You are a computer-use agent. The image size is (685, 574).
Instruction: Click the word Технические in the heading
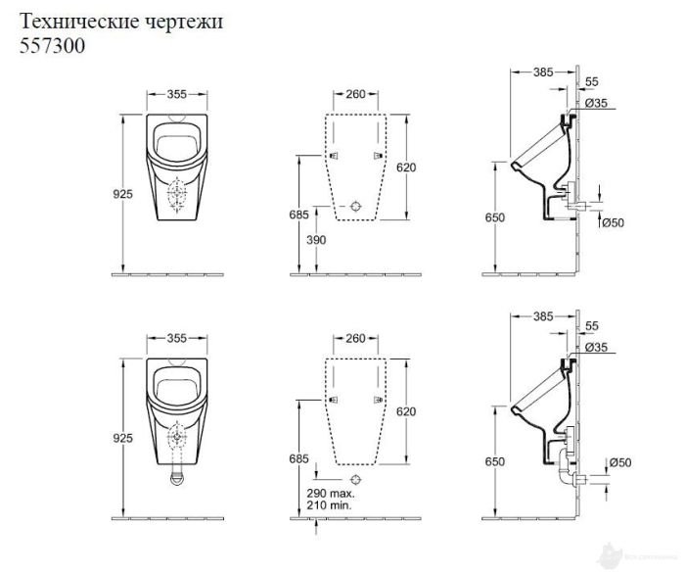[74, 21]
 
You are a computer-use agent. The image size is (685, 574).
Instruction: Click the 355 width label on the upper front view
[176, 94]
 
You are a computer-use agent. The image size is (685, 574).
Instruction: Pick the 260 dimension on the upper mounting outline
[355, 94]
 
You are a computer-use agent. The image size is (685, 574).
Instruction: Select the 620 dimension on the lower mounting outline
[405, 413]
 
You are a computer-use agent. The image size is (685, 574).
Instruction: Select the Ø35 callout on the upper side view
[598, 103]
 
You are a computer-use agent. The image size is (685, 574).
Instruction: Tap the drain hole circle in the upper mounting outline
[356, 207]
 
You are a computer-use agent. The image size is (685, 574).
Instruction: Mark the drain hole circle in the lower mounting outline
[356, 479]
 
